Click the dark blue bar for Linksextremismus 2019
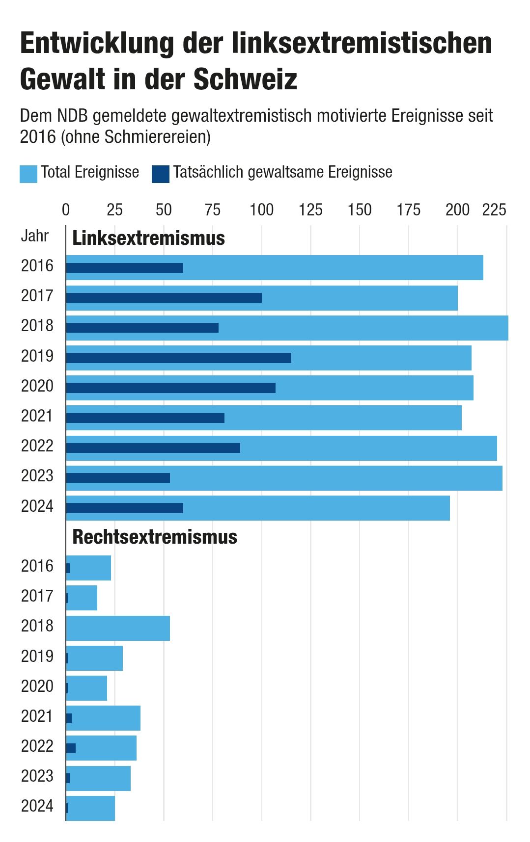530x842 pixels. tap(178, 358)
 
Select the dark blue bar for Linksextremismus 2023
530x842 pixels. tap(118, 478)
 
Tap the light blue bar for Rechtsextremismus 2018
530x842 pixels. tap(118, 628)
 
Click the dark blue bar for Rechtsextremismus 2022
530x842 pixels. tap(71, 748)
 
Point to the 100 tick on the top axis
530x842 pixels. tap(261, 210)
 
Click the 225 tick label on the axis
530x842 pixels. tap(494, 210)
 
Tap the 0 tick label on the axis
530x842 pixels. tap(66, 210)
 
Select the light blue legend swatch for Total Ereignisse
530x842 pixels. tap(28, 174)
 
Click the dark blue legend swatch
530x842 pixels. tap(160, 174)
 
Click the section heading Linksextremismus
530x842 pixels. tap(148, 238)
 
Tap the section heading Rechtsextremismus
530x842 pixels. tap(155, 537)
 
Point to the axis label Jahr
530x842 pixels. tap(35, 236)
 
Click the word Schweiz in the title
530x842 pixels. tap(246, 79)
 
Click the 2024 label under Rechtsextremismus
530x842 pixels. tap(37, 806)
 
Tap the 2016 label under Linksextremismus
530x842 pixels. tap(37, 266)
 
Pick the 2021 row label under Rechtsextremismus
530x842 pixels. tap(37, 716)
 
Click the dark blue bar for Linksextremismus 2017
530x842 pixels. tap(164, 298)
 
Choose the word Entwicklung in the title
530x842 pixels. tap(97, 43)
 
